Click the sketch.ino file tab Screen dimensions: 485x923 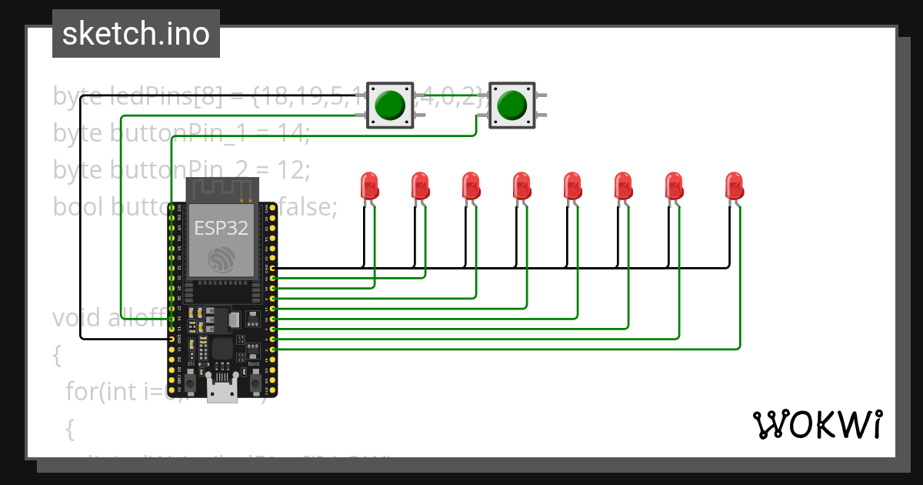point(135,34)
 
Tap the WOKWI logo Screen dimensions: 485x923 point(817,424)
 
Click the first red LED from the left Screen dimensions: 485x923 point(369,186)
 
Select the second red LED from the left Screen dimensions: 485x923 point(420,186)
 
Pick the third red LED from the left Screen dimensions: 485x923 point(471,186)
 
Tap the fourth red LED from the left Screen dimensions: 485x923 point(521,186)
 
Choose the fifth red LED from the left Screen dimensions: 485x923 point(572,186)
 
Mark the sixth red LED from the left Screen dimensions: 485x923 point(623,186)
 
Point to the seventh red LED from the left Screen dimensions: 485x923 point(674,186)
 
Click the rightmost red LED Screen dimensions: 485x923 point(735,186)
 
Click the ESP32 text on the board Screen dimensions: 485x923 point(221,228)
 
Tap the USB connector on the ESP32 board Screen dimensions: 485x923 point(222,392)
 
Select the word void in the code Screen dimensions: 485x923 point(76,318)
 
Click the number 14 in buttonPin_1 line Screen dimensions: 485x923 point(292,133)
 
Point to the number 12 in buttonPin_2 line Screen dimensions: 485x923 point(292,169)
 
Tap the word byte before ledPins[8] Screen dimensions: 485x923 point(76,97)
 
